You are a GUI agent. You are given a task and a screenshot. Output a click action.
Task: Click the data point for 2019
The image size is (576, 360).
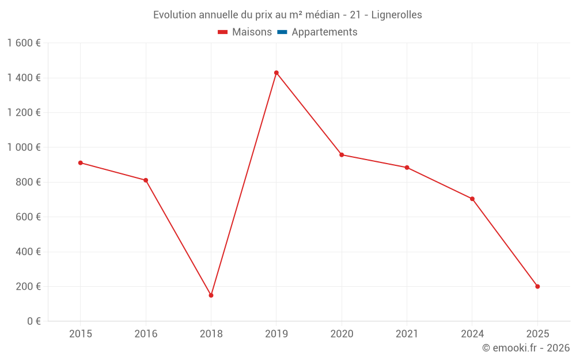[x=276, y=73]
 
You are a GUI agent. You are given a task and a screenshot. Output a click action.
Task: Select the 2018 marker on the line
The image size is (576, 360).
[x=211, y=295]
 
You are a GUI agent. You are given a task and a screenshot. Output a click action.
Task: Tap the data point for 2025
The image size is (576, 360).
[x=537, y=286]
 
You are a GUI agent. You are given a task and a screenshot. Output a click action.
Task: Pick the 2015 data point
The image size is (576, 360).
[x=81, y=162]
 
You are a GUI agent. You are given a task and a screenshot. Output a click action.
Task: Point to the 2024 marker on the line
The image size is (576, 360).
[x=472, y=199]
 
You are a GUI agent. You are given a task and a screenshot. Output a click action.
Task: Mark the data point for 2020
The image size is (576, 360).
[x=342, y=154]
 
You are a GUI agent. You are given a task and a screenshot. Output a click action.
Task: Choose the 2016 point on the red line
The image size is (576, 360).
[x=146, y=180]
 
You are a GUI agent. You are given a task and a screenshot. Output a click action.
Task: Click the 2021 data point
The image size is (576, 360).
[x=407, y=168]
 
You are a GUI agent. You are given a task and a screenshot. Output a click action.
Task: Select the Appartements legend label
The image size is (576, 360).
[x=324, y=32]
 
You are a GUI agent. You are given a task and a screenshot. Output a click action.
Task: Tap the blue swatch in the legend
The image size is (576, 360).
[x=282, y=32]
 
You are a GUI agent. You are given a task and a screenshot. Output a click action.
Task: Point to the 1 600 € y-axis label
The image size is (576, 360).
[x=24, y=43]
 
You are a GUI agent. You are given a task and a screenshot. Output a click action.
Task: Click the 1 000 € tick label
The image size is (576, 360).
[x=24, y=147]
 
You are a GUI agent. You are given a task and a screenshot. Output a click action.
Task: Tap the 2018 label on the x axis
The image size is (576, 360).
[x=211, y=334]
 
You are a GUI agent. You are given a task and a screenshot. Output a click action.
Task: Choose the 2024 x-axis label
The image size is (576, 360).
[x=472, y=334]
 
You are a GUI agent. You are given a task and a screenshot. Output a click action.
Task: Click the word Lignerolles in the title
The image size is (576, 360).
[x=397, y=15]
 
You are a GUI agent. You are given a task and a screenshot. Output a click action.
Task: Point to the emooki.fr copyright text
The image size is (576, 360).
[x=526, y=348]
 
